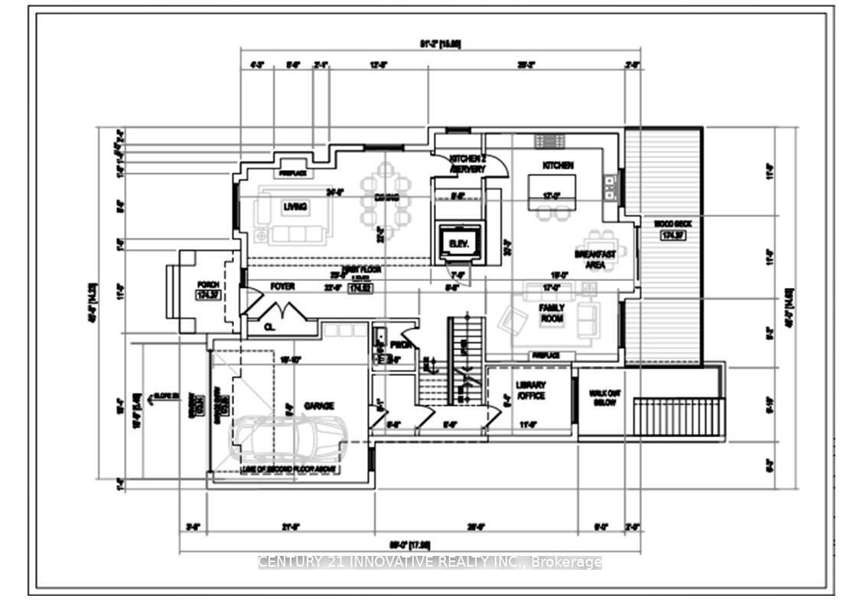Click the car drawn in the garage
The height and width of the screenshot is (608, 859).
coord(290,440)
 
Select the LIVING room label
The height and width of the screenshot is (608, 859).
coord(295,207)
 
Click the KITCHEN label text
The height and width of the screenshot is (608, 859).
coord(558,165)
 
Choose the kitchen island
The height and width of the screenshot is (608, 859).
coord(552,191)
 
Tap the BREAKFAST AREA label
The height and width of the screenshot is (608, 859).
coord(594,259)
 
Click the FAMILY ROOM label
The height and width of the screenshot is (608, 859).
coord(552,313)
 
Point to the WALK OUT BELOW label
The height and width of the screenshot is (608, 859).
coord(603,397)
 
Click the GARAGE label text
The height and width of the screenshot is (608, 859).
coord(317,406)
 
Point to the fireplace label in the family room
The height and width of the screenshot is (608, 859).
coord(546,356)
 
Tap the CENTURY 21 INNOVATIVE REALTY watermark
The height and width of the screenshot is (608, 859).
coord(430,562)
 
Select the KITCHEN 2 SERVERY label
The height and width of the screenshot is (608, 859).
coord(467,164)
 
